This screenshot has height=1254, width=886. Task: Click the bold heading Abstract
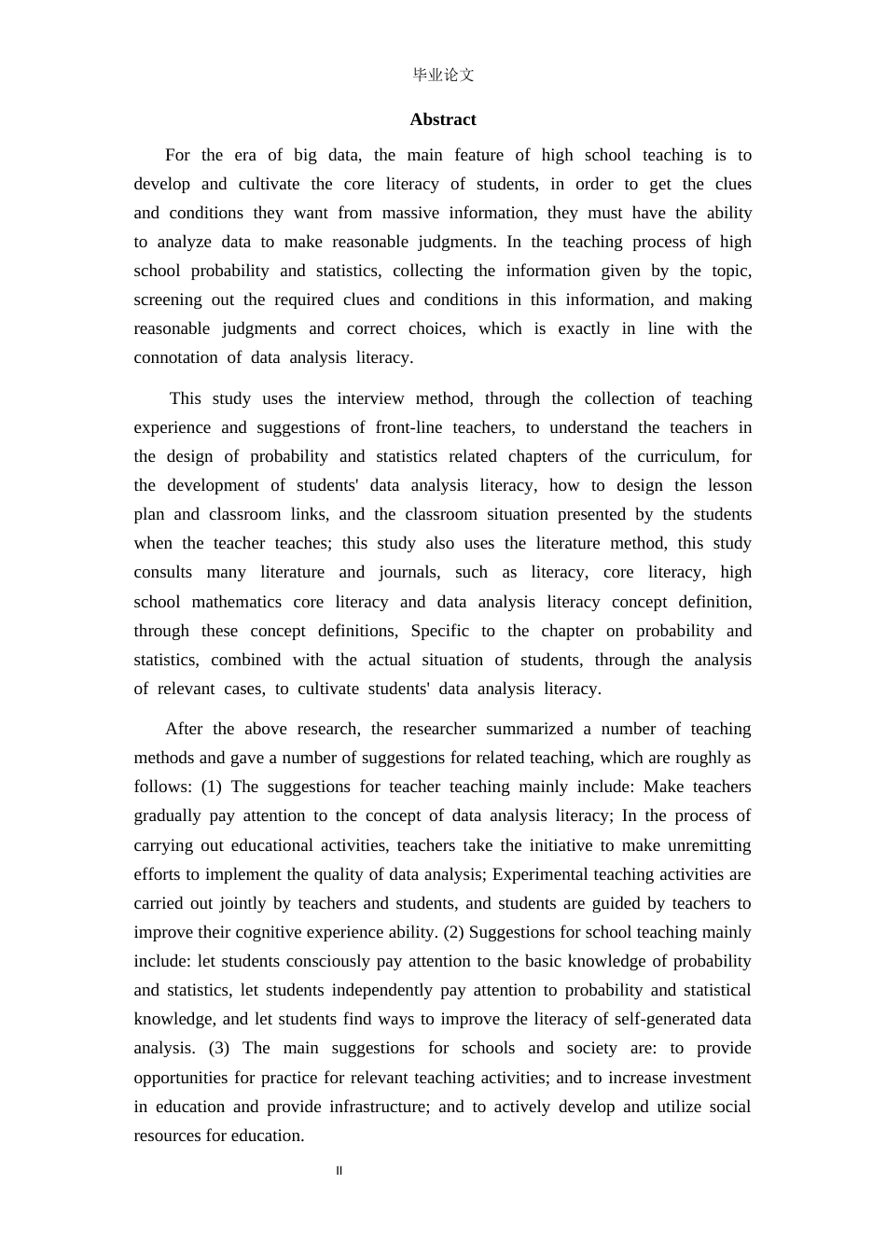point(442,119)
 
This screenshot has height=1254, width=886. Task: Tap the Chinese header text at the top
point(443,76)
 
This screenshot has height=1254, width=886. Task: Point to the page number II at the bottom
point(339,1171)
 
